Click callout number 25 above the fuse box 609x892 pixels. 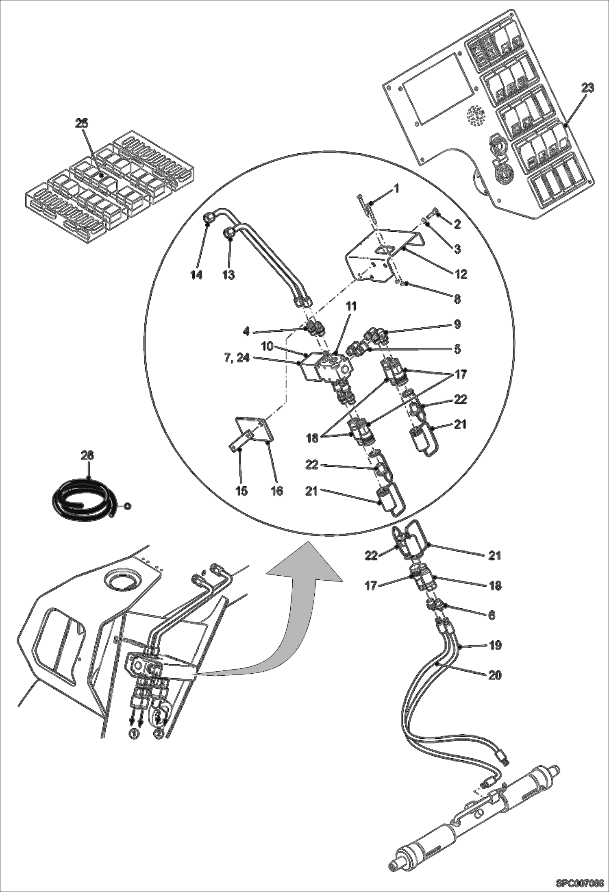click(82, 124)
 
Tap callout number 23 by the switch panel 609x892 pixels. click(587, 88)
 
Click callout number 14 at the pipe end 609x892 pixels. click(196, 275)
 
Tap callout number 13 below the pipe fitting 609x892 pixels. click(228, 275)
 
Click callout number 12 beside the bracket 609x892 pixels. click(461, 274)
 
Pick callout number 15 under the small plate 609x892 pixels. click(241, 491)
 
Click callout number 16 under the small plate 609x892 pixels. click(277, 491)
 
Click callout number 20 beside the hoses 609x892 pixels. click(494, 675)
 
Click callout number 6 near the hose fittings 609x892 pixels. click(492, 616)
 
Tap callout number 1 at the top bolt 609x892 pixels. click(396, 189)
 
